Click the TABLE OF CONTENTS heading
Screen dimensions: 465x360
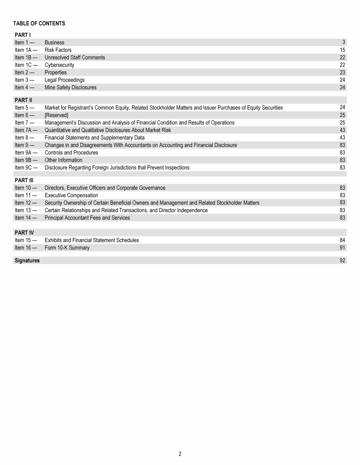(39, 23)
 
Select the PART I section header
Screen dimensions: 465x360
(23, 35)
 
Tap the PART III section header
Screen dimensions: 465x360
(24, 180)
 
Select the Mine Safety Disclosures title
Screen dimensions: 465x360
(70, 88)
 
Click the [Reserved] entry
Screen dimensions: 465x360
(56, 115)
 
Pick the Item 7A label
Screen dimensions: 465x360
(26, 130)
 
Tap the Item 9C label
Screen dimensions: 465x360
(26, 168)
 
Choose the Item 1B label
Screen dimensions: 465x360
(26, 58)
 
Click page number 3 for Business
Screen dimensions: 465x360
(344, 43)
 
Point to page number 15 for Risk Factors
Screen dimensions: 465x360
(342, 50)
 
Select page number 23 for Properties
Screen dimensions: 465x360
(342, 73)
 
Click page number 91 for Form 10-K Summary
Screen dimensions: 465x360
(342, 248)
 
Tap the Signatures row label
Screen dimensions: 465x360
(27, 260)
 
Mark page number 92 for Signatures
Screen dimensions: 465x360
(342, 260)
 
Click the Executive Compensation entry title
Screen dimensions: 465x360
(71, 195)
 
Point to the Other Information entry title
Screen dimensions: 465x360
(63, 160)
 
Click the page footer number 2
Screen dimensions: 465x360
(180, 454)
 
